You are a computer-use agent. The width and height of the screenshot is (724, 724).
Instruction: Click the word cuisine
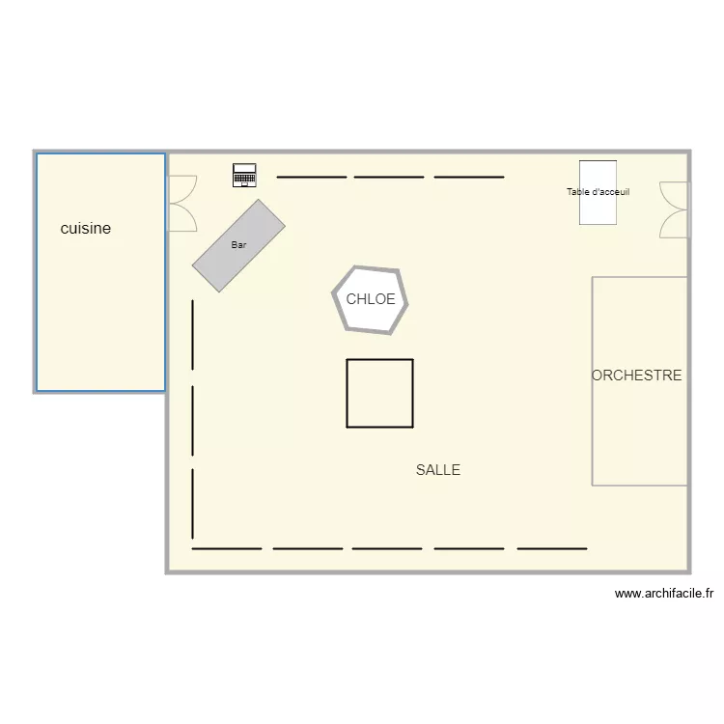(86, 229)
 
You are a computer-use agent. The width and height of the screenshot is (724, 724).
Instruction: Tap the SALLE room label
(438, 470)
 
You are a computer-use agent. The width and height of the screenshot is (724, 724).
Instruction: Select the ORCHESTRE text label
(636, 376)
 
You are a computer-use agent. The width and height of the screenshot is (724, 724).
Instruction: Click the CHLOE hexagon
(371, 299)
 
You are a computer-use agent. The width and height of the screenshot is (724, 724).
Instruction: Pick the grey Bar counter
(238, 245)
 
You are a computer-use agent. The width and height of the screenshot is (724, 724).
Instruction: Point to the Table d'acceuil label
(598, 192)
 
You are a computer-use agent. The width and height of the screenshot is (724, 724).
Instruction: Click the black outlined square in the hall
(380, 393)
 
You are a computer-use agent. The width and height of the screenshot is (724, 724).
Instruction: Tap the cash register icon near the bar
(244, 175)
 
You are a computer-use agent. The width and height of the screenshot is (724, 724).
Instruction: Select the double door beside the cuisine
(181, 203)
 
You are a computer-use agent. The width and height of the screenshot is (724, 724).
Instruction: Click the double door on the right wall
(676, 209)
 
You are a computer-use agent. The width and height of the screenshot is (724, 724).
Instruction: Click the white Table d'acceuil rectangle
(598, 212)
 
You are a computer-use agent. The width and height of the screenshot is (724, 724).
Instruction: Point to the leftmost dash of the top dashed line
(311, 177)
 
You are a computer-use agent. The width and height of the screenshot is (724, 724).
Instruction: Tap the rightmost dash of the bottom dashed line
(552, 548)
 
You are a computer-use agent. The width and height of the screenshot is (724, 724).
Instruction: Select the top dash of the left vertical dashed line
(193, 334)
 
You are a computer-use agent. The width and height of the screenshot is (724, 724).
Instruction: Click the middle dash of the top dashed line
(389, 177)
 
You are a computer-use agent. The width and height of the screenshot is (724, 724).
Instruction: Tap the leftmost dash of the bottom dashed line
(227, 548)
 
